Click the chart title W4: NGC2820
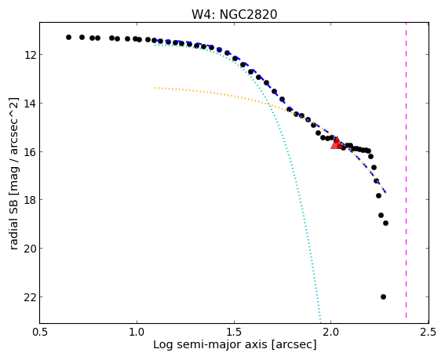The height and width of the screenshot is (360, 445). pyautogui.click(x=234, y=14)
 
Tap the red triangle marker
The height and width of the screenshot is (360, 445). pyautogui.click(x=337, y=144)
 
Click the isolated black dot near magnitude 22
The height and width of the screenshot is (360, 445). pyautogui.click(x=383, y=296)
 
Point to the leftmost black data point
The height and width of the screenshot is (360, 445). pyautogui.click(x=68, y=37)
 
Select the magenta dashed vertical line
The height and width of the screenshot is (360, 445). pyautogui.click(x=406, y=170)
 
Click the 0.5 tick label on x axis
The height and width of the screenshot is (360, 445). pyautogui.click(x=39, y=333)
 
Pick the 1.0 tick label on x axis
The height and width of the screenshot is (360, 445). pyautogui.click(x=137, y=333)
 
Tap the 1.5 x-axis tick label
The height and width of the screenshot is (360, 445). pyautogui.click(x=234, y=333)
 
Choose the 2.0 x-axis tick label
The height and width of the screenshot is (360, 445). pyautogui.click(x=331, y=333)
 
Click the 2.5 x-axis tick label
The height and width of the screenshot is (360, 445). pyautogui.click(x=429, y=333)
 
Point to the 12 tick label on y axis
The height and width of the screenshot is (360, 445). pyautogui.click(x=30, y=54)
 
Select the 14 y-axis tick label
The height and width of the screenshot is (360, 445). pyautogui.click(x=30, y=103)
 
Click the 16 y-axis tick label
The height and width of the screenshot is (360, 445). pyautogui.click(x=30, y=151)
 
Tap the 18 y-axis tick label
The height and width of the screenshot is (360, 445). pyautogui.click(x=30, y=200)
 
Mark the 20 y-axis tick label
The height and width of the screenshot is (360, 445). pyautogui.click(x=30, y=248)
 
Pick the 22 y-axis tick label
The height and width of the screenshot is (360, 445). pyautogui.click(x=30, y=296)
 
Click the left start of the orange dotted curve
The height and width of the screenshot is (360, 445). pyautogui.click(x=155, y=88)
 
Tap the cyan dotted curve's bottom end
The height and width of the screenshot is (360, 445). pyautogui.click(x=320, y=322)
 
